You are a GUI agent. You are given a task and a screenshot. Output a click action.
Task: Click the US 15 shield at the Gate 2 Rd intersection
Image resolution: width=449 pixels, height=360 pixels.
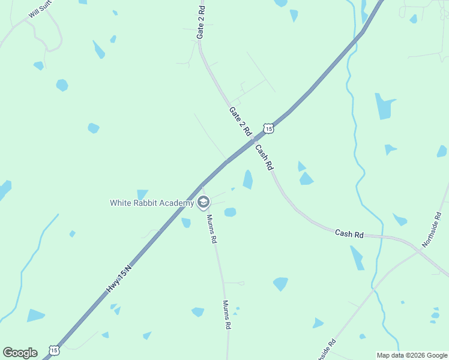point(268,128)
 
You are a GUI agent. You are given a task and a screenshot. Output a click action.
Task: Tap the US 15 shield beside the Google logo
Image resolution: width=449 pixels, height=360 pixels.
point(54,350)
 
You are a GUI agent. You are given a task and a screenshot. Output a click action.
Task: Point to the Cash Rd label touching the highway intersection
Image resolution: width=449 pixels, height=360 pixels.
point(265,157)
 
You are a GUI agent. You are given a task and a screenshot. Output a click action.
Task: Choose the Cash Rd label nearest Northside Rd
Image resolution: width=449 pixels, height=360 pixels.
point(349,233)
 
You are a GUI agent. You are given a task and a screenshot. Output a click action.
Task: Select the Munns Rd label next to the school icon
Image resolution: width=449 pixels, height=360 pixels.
point(211,229)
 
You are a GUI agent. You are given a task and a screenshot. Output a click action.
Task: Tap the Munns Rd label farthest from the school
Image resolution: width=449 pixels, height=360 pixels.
point(227,315)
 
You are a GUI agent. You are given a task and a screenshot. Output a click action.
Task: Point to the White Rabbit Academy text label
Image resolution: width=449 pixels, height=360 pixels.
point(152,203)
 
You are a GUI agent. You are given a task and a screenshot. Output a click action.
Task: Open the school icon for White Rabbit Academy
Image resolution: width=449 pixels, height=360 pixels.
point(203,203)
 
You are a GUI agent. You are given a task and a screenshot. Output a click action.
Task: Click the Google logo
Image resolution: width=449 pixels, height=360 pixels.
point(20,352)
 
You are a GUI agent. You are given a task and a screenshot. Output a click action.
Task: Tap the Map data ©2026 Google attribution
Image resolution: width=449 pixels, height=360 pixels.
point(412,355)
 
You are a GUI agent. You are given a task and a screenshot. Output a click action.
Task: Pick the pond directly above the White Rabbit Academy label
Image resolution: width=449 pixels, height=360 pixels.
point(142,194)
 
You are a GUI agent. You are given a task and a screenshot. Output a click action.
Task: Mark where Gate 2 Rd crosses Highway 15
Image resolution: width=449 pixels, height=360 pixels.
point(253,140)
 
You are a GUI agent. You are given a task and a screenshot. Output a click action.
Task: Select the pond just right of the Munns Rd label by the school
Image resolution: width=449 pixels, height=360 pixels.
point(230,212)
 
